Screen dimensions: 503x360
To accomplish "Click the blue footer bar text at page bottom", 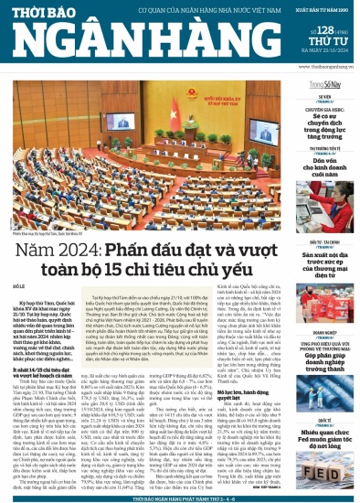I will [179, 497].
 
